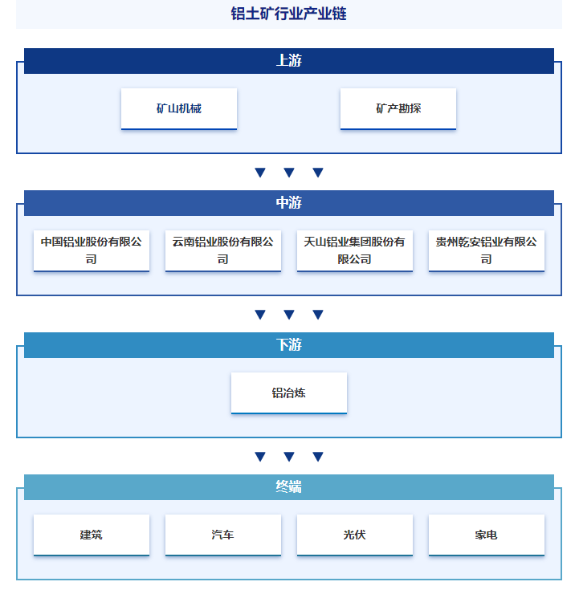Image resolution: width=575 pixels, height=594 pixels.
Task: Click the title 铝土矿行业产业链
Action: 288,14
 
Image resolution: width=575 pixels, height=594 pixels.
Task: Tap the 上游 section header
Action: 289,61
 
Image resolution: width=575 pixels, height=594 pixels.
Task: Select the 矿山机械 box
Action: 179,108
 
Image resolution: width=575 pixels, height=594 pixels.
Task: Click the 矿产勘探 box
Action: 398,108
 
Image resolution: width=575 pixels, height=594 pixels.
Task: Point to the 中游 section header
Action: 289,202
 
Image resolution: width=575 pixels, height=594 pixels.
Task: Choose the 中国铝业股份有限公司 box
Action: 92,250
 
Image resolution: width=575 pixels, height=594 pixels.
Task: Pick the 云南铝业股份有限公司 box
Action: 223,250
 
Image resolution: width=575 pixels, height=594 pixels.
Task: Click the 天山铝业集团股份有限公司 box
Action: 355,250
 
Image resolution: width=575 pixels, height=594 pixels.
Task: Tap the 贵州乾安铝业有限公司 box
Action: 487,250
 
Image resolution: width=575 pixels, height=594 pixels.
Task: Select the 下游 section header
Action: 289,344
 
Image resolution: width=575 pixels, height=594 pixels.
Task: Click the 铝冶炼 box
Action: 289,393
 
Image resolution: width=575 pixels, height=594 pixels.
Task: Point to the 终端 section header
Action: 289,486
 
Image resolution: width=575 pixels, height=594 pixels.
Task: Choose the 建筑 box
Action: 92,535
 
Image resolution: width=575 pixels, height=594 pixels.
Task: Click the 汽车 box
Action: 223,535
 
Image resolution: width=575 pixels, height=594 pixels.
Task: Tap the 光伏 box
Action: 355,535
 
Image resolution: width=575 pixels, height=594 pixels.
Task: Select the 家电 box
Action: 487,535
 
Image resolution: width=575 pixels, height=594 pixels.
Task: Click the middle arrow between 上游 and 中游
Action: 289,173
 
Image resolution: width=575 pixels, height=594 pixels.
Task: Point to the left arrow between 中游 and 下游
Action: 260,315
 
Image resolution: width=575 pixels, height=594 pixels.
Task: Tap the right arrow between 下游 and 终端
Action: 318,457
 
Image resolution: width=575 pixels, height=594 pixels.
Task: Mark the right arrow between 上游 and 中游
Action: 318,173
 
